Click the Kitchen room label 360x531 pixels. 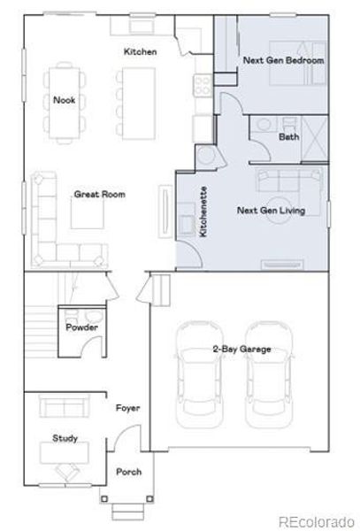coord(140,52)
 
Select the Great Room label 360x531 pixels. coord(99,194)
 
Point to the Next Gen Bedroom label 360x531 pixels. coord(283,60)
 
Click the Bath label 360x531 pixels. coord(288,137)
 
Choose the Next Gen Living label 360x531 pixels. coord(270,211)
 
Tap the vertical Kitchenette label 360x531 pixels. coord(203,211)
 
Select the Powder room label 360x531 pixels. coord(82,328)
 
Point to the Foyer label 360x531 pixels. coord(128,408)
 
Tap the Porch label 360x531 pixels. coord(129,472)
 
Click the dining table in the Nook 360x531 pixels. coord(65,100)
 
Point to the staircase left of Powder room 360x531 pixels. coord(37,329)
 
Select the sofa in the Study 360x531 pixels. coord(65,408)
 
